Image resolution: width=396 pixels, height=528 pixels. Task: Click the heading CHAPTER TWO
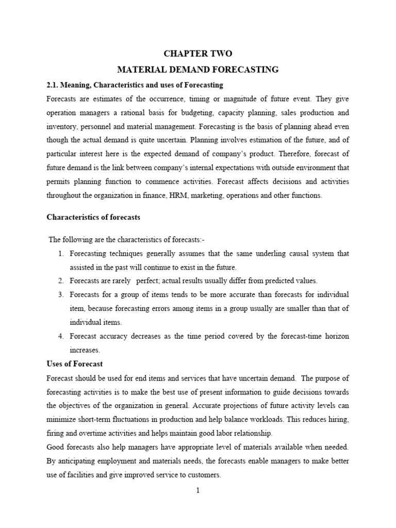198,53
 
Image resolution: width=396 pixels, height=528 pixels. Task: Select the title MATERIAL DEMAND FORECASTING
198,69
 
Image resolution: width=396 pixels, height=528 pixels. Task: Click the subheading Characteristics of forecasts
93,217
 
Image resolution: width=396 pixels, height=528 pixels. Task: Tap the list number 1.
60,253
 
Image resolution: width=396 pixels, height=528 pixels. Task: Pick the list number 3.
60,294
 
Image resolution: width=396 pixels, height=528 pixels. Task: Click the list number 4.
60,336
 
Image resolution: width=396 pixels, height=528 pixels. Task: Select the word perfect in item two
150,281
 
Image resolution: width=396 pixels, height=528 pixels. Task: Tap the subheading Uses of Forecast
74,364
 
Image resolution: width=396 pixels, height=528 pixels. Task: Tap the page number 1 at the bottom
197,491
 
